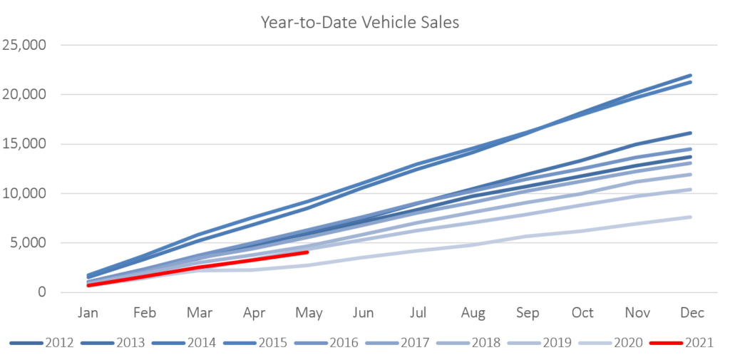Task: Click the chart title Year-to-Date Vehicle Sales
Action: pyautogui.click(x=360, y=23)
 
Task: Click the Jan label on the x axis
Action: pyautogui.click(x=88, y=313)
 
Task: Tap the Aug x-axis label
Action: pyautogui.click(x=473, y=314)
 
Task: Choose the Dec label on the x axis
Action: pyautogui.click(x=692, y=313)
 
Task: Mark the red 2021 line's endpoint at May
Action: pyautogui.click(x=307, y=252)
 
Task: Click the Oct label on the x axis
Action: pyautogui.click(x=582, y=313)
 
